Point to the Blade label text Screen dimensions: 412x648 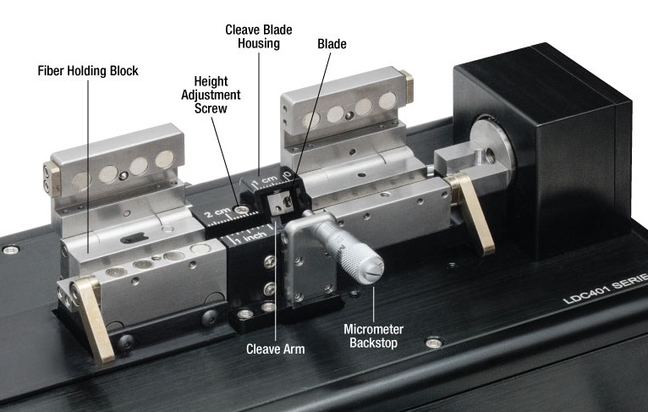point(331,42)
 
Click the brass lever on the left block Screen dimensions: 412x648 point(91,318)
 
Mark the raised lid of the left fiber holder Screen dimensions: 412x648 point(102,174)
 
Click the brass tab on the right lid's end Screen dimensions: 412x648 point(409,85)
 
